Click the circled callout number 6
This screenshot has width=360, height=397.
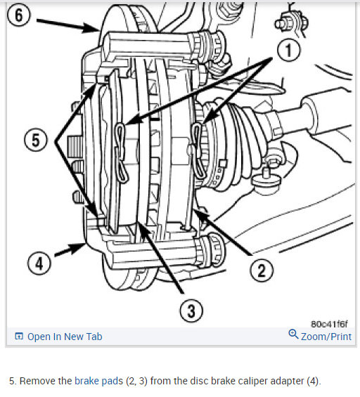click(18, 15)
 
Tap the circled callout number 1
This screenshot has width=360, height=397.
click(289, 50)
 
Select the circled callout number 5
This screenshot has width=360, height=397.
click(36, 140)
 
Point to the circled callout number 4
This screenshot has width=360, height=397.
click(39, 263)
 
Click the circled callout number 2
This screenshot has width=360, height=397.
click(262, 270)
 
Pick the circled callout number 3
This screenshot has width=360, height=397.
click(191, 311)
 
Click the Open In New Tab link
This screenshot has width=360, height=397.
click(65, 337)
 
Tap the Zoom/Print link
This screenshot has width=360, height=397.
click(326, 337)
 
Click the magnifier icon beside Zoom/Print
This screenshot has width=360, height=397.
click(293, 334)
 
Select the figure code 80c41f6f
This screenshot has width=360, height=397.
click(329, 324)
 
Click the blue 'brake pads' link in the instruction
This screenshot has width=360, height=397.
click(99, 381)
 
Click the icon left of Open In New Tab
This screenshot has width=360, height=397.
click(19, 337)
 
